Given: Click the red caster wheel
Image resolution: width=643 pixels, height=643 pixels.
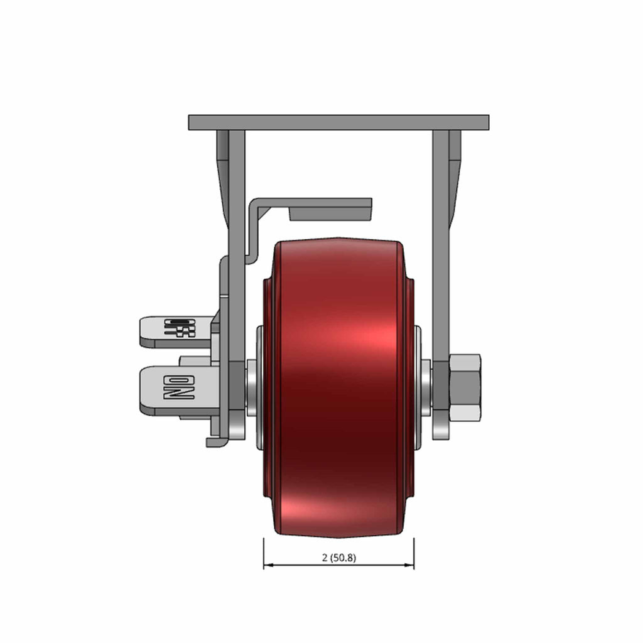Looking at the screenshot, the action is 338,387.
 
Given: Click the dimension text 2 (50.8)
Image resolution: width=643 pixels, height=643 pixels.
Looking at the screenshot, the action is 338,558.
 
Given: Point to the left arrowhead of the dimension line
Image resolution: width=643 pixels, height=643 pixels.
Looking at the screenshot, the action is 268,565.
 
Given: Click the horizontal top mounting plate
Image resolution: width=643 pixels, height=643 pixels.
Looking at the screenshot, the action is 338,122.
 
